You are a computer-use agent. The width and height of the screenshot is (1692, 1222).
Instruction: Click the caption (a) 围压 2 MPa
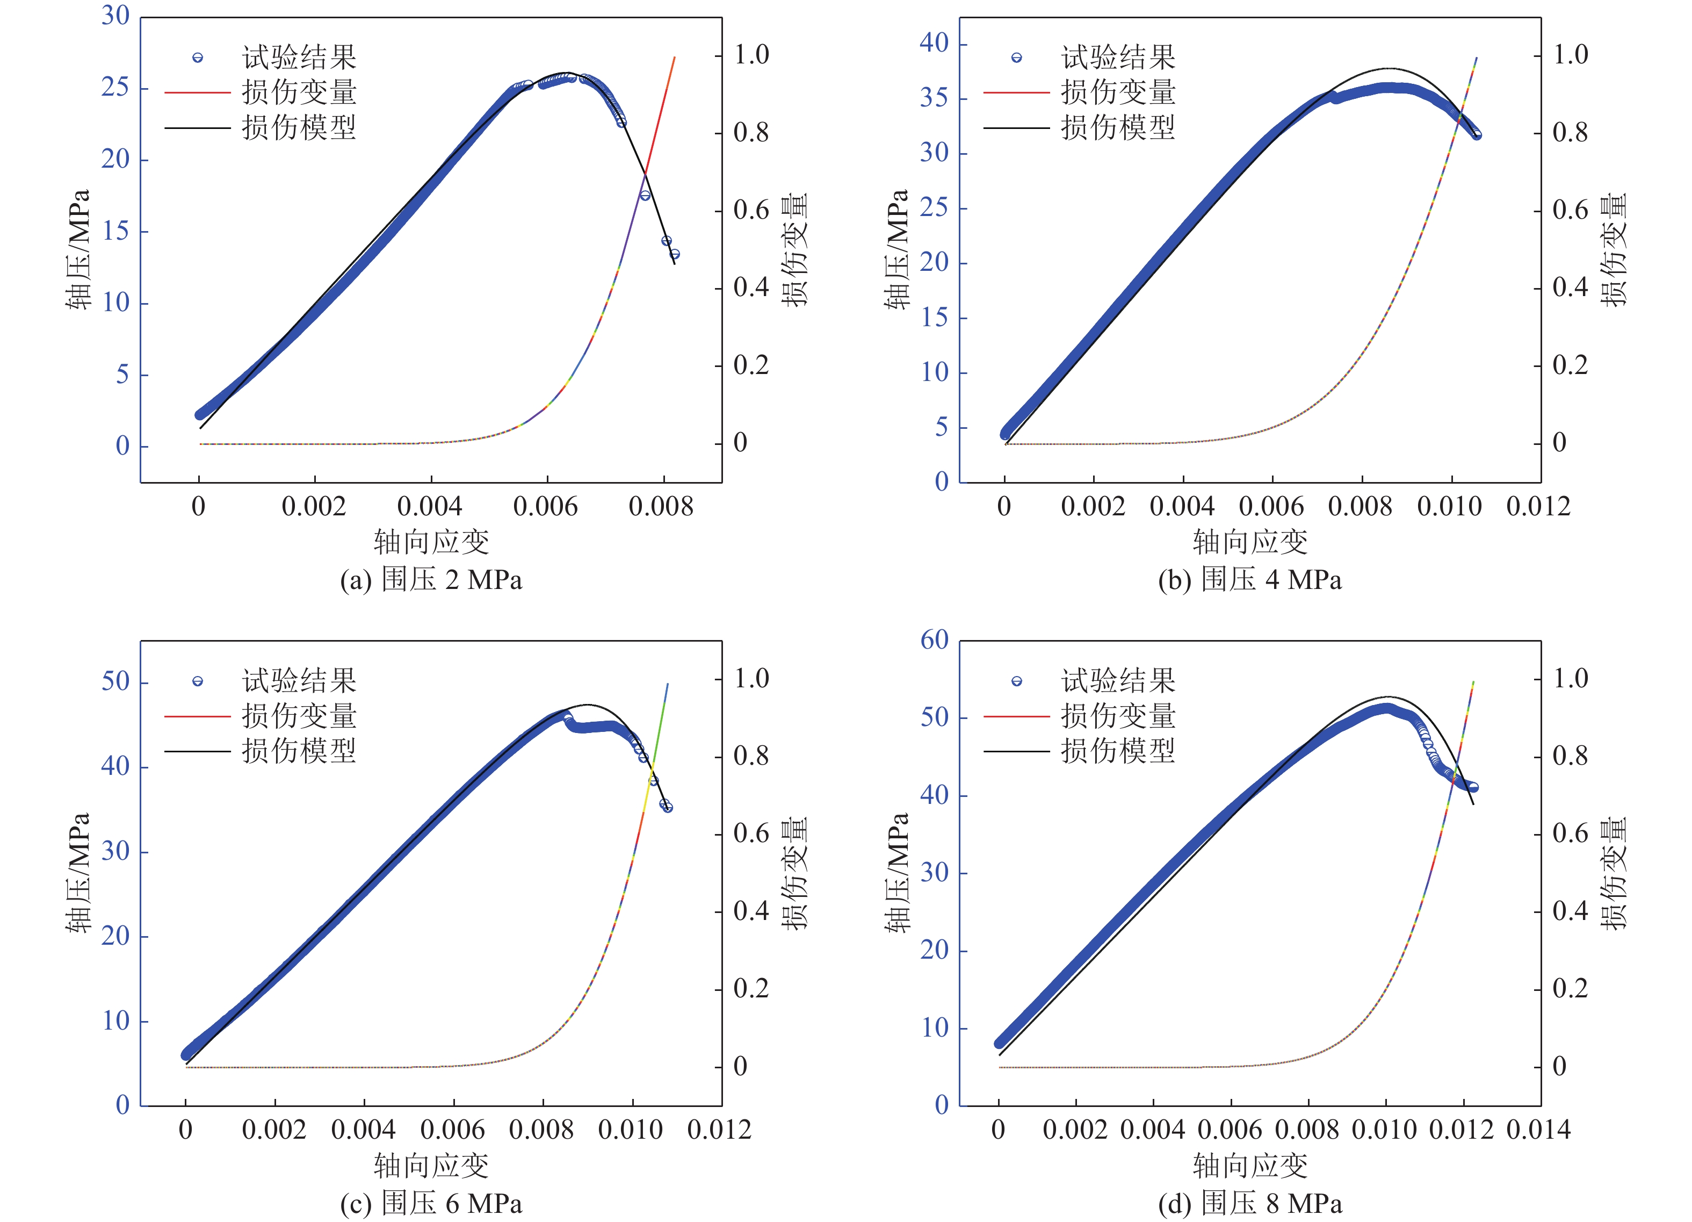(x=431, y=580)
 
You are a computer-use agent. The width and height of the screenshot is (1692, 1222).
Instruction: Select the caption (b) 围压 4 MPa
(x=1249, y=580)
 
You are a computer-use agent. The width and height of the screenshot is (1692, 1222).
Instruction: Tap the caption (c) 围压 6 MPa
(x=431, y=1203)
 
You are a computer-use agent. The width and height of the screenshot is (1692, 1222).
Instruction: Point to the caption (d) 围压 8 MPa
(x=1249, y=1203)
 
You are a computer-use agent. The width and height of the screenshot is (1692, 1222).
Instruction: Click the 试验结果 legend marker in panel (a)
(x=198, y=57)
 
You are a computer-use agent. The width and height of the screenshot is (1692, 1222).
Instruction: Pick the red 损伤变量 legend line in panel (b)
(x=1016, y=92)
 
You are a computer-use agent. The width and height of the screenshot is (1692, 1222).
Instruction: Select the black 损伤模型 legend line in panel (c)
(x=198, y=751)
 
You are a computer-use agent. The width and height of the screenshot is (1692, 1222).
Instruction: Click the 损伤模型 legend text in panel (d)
(x=1118, y=751)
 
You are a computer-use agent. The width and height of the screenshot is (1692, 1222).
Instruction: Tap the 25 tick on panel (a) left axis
(x=115, y=88)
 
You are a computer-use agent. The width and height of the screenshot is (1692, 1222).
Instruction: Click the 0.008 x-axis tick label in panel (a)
(x=661, y=507)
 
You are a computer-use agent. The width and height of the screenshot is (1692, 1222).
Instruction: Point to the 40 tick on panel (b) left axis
(x=934, y=44)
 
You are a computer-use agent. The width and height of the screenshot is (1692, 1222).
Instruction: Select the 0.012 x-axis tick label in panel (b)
(x=1538, y=507)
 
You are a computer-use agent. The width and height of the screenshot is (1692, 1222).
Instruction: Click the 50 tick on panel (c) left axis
(x=115, y=681)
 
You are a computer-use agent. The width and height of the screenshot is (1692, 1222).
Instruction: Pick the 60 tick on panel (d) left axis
(x=934, y=639)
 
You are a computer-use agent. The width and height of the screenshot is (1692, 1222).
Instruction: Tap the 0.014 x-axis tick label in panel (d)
(x=1538, y=1130)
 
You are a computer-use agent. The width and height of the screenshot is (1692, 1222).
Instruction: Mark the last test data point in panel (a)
(x=675, y=255)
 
